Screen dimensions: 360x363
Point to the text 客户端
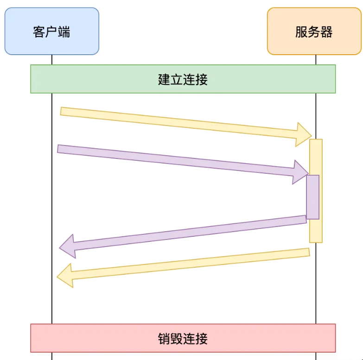(x=51, y=32)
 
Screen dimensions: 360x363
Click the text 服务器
(x=314, y=32)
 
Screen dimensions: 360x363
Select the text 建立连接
(x=183, y=79)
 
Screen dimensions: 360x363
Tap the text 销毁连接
(x=183, y=338)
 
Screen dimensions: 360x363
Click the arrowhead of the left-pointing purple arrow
(x=68, y=246)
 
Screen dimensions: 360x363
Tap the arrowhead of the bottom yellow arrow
(x=65, y=276)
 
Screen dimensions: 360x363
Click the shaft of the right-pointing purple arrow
(x=176, y=160)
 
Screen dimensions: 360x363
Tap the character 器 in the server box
(x=326, y=32)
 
